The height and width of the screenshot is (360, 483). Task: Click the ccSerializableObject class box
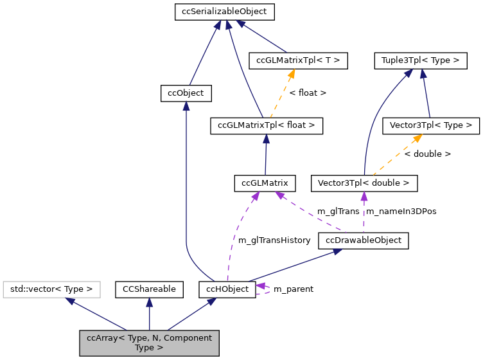click(225, 12)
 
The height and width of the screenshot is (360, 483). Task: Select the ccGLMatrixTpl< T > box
click(298, 60)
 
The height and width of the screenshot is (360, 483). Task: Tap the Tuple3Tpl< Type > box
click(420, 60)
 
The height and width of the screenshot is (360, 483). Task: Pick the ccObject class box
click(186, 93)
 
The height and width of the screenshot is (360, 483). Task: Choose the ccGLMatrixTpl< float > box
click(266, 125)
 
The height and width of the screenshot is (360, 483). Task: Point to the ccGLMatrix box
click(265, 183)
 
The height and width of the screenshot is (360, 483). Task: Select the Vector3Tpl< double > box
click(364, 183)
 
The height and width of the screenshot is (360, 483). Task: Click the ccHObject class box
click(227, 289)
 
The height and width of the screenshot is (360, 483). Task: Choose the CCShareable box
click(149, 289)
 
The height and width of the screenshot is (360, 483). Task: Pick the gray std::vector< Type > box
click(52, 289)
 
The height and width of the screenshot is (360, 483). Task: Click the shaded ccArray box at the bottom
click(149, 343)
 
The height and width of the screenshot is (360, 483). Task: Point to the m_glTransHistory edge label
click(274, 240)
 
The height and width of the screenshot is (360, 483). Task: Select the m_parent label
click(294, 289)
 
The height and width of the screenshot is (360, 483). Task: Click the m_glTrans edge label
click(338, 212)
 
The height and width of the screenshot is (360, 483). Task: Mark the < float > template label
click(308, 93)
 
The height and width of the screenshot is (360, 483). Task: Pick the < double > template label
click(427, 154)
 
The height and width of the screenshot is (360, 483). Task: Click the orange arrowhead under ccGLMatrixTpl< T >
click(291, 75)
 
